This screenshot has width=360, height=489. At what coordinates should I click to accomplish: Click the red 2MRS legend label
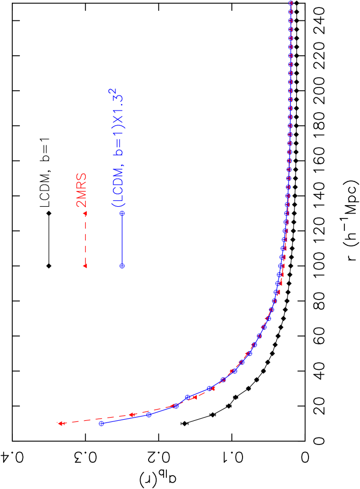[82, 191]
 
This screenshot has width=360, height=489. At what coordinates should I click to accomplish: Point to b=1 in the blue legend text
[118, 145]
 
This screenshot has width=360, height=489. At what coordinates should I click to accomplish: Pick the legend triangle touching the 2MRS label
[85, 214]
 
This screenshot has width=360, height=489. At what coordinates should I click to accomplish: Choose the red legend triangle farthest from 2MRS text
[85, 265]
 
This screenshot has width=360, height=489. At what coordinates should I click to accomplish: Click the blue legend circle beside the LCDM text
[122, 214]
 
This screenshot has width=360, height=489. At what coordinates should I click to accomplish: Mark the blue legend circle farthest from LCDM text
[122, 265]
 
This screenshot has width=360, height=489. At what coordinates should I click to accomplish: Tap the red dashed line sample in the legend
[85, 239]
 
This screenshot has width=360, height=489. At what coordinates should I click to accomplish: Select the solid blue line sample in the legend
[122, 239]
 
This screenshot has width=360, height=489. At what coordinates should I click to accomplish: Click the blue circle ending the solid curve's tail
[101, 424]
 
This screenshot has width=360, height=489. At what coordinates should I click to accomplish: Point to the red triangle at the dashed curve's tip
[61, 424]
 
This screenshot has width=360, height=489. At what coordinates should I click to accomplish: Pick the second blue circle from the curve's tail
[149, 414]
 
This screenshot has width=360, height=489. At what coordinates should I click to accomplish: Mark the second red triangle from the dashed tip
[131, 414]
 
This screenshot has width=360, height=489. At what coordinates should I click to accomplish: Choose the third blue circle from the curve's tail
[176, 406]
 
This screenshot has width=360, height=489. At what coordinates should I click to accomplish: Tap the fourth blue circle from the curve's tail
[188, 397]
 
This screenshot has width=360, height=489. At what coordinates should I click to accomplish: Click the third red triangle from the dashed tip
[173, 406]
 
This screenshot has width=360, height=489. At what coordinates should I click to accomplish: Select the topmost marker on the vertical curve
[291, 3]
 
